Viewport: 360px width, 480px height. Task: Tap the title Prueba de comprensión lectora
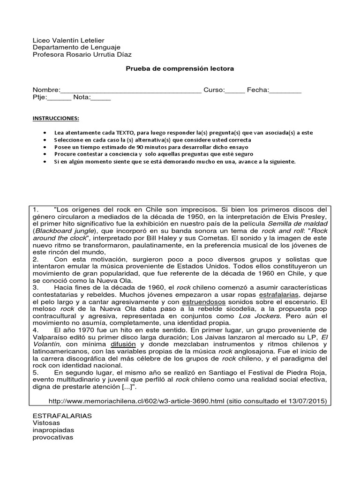coord(180,69)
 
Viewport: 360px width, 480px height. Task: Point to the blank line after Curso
coord(235,90)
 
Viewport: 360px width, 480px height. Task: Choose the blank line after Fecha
coord(285,90)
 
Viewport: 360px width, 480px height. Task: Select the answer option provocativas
coord(52,437)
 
